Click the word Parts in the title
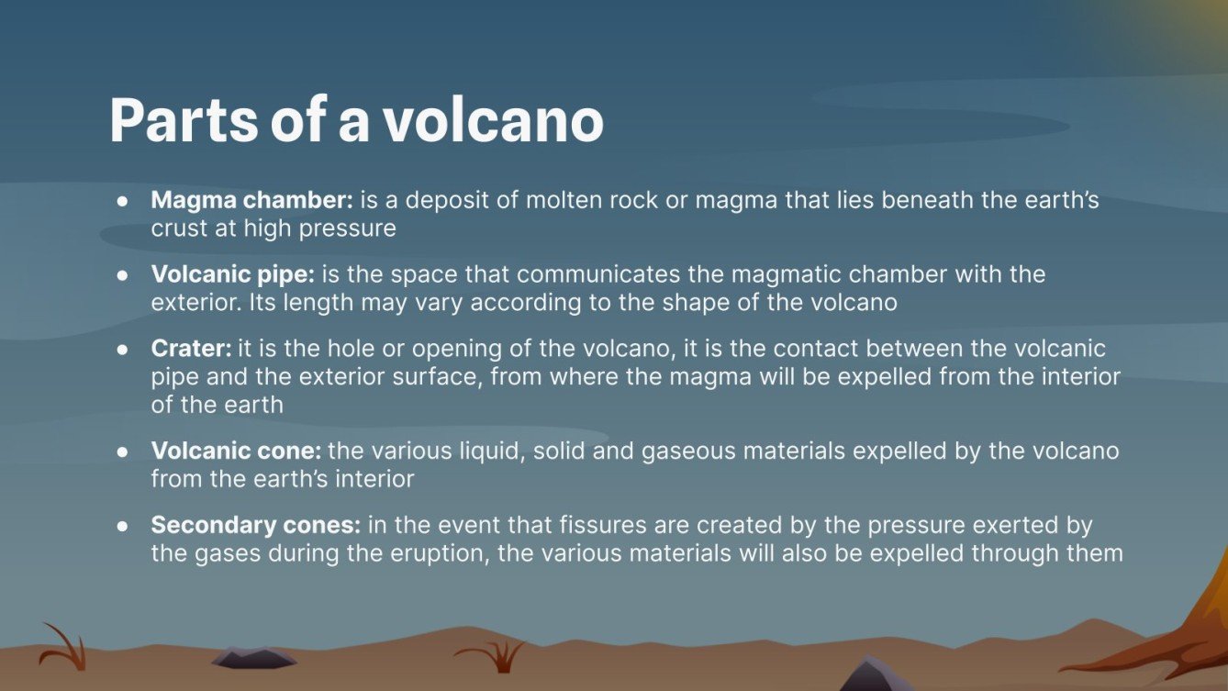pyautogui.click(x=183, y=120)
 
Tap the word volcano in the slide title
pyautogui.click(x=494, y=120)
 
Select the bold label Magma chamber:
pyautogui.click(x=252, y=200)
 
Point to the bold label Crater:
pyautogui.click(x=191, y=349)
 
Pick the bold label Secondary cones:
pyautogui.click(x=256, y=525)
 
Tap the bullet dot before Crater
pyautogui.click(x=122, y=350)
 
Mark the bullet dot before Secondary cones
pyautogui.click(x=122, y=526)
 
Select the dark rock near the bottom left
pyautogui.click(x=253, y=657)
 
